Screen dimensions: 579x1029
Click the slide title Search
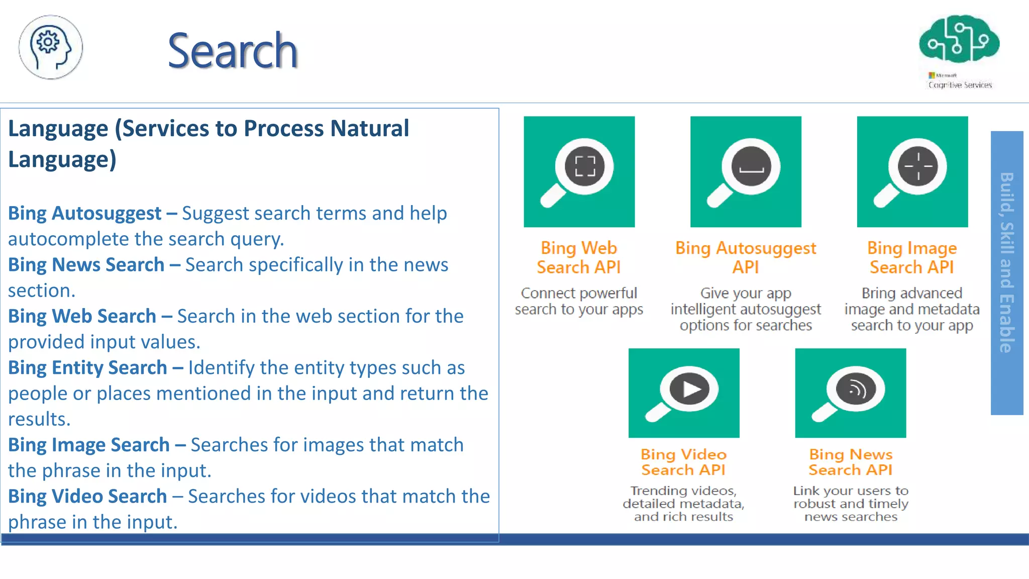pyautogui.click(x=233, y=51)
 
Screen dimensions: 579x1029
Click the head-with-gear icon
pyautogui.click(x=51, y=47)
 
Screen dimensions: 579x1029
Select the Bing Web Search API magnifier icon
pyautogui.click(x=579, y=172)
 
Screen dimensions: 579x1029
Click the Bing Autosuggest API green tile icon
pyautogui.click(x=746, y=172)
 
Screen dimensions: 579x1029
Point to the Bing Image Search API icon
pyautogui.click(x=912, y=172)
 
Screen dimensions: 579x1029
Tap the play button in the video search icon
pyautogui.click(x=690, y=389)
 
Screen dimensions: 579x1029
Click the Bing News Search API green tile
pyautogui.click(x=850, y=393)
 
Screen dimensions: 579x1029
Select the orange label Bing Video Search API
pyautogui.click(x=683, y=462)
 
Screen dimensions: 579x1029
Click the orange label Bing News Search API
pyautogui.click(x=850, y=462)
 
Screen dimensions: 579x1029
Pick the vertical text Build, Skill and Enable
pyautogui.click(x=1006, y=262)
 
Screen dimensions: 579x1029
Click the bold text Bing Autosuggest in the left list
pyautogui.click(x=84, y=213)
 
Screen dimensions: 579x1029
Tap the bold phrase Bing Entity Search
pyautogui.click(x=87, y=367)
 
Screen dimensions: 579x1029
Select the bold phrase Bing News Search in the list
pyautogui.click(x=86, y=265)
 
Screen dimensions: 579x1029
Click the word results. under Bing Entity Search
pyautogui.click(x=39, y=419)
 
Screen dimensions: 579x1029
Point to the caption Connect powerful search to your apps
pyautogui.click(x=579, y=301)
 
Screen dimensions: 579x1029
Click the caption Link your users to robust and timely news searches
pyautogui.click(x=850, y=504)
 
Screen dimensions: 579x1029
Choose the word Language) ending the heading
pyautogui.click(x=62, y=160)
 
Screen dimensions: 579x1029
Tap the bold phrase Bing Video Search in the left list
pyautogui.click(x=87, y=496)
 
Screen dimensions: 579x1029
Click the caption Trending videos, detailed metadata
pyautogui.click(x=683, y=497)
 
